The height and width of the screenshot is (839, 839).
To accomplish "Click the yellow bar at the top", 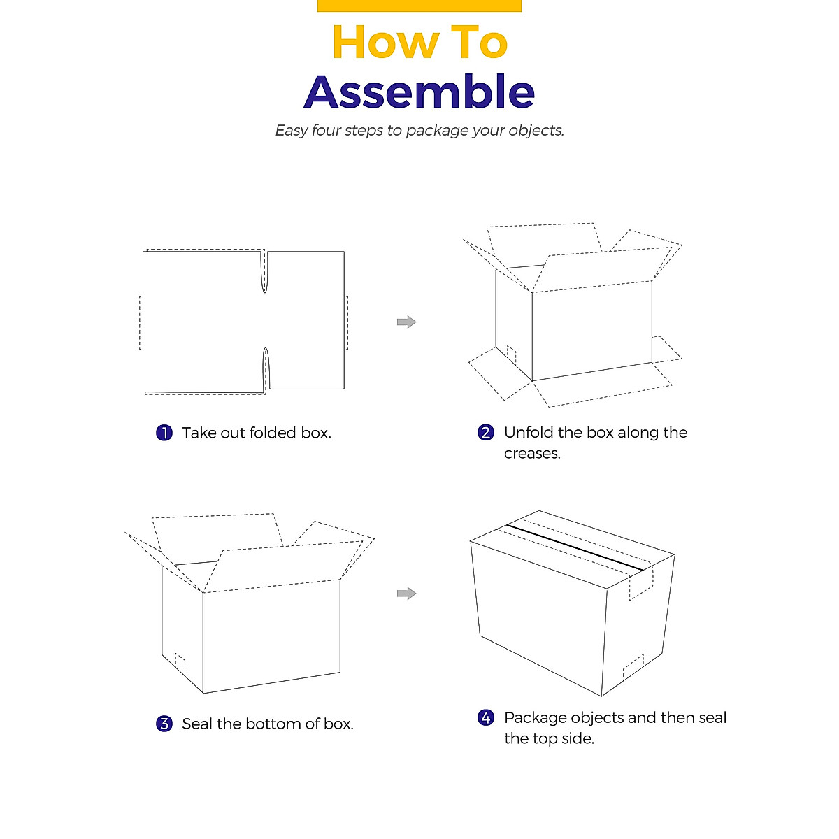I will [x=419, y=6].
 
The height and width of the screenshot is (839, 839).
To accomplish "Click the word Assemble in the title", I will [x=419, y=92].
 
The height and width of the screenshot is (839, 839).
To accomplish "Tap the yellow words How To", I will [x=419, y=42].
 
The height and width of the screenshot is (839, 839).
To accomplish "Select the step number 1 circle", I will [x=164, y=433].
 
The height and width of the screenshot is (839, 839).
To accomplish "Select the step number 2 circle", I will [x=486, y=432].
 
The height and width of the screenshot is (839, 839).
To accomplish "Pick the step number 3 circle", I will [x=164, y=724].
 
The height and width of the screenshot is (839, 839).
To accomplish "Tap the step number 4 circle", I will [x=486, y=717].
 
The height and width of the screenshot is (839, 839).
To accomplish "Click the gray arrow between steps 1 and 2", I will [x=406, y=322].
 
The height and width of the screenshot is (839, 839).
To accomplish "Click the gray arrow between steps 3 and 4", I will [x=406, y=594].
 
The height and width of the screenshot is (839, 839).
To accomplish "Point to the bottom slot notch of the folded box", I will [x=265, y=368].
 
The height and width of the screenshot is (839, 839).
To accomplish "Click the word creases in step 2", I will [x=532, y=454].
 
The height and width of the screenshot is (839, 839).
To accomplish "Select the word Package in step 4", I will [x=535, y=718].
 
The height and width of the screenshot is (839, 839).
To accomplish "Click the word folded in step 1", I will [x=273, y=433].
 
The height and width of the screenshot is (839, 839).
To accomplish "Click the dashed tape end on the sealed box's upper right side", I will [x=641, y=584].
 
